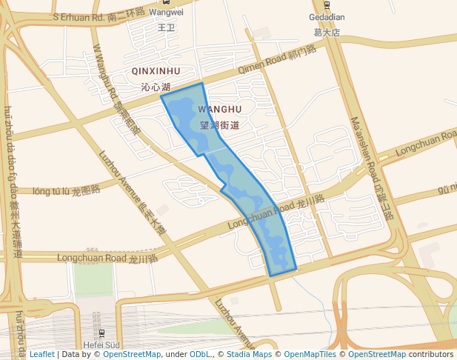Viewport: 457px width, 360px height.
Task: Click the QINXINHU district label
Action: [x=156, y=71]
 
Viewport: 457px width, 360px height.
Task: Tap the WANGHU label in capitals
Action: [x=220, y=110]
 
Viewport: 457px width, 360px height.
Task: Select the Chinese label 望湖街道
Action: [x=219, y=125]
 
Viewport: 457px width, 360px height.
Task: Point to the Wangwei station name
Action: [x=166, y=13]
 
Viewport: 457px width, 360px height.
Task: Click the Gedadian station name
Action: [x=326, y=16]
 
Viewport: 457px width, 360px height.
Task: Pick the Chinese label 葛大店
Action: [x=326, y=33]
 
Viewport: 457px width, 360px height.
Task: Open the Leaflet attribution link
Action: [x=41, y=354]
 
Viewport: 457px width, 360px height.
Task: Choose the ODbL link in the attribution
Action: [x=200, y=354]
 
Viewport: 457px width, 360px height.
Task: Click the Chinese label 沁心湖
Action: [x=156, y=87]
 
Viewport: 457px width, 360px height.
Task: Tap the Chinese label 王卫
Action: [x=166, y=28]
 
